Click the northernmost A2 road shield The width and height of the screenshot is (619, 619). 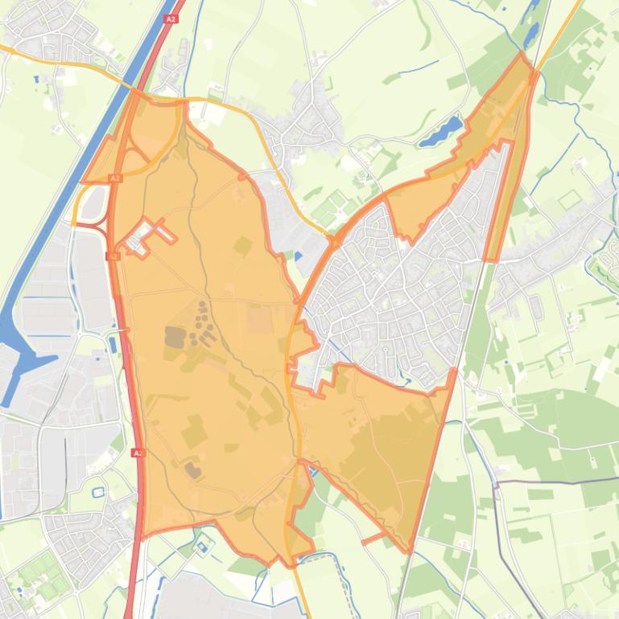tap(170, 18)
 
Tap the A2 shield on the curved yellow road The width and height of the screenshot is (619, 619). tap(115, 178)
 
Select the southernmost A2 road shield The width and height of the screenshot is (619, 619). tap(138, 453)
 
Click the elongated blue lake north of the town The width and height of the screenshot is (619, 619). tap(441, 132)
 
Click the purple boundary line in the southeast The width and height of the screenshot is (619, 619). tap(555, 482)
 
